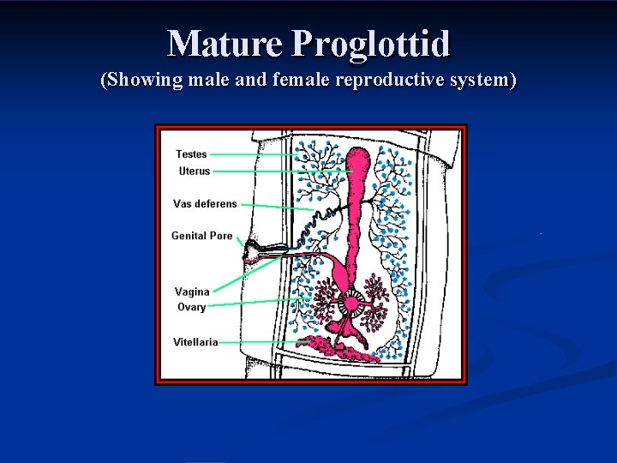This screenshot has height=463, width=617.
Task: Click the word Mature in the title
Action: click(225, 43)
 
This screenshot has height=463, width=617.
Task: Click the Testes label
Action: click(191, 154)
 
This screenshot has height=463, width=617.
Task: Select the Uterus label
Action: click(194, 171)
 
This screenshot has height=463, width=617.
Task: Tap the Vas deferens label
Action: click(205, 204)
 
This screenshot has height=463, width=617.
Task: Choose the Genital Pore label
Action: click(202, 236)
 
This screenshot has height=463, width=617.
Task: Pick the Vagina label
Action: click(192, 292)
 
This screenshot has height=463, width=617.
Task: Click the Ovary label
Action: click(191, 307)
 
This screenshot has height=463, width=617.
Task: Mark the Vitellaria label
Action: click(195, 342)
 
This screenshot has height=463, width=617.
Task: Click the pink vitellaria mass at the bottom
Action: click(334, 346)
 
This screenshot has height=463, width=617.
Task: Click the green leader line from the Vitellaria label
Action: click(257, 342)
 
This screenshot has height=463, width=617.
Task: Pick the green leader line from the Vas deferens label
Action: click(274, 207)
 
